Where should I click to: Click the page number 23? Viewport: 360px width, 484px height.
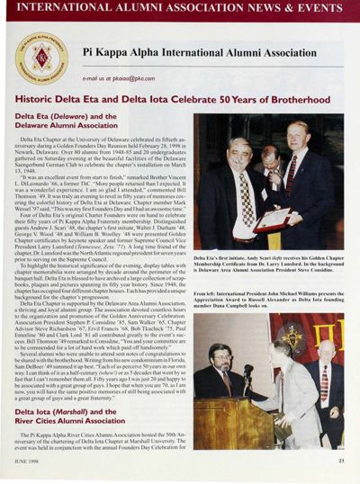[x=341, y=462]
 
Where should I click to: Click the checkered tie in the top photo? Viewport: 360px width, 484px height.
[x=246, y=188]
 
